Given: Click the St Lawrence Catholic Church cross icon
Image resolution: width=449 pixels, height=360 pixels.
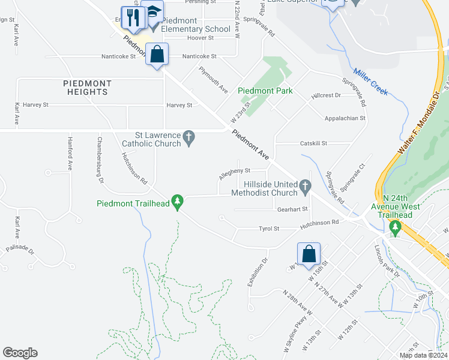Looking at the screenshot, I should click(189, 137).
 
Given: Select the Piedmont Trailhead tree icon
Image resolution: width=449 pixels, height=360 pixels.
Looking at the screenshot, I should click(177, 200).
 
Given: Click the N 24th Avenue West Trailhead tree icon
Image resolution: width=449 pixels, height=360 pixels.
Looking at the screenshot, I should click(395, 227).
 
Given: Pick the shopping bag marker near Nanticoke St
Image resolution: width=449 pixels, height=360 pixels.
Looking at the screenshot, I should click(157, 55).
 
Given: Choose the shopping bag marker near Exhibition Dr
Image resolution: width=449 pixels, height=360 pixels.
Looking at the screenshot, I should click(309, 253).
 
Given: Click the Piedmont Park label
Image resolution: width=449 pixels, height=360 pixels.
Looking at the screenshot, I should click(265, 91).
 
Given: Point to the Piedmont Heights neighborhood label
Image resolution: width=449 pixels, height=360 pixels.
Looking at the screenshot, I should click(86, 88).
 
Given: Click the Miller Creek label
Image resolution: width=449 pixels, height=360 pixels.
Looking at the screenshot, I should click(370, 81).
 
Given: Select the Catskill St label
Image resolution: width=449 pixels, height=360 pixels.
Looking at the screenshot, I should click(313, 143).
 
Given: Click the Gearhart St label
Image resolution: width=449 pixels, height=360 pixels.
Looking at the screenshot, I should click(292, 209).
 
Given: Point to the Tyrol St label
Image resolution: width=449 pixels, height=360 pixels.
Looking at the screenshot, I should click(269, 229).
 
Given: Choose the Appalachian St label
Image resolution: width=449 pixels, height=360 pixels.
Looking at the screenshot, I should click(345, 119).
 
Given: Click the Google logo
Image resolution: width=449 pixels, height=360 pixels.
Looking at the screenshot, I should click(20, 353).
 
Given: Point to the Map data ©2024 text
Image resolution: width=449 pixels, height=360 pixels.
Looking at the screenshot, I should click(423, 355).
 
